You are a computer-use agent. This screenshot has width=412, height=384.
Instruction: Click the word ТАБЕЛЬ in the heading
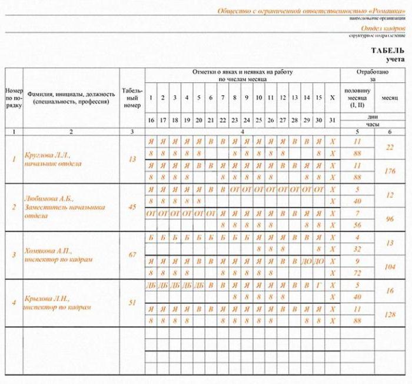[387, 51]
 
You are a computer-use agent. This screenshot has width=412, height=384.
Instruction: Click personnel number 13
[131, 159]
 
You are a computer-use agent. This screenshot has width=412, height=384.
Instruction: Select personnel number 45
[131, 206]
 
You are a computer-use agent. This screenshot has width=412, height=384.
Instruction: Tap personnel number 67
[131, 255]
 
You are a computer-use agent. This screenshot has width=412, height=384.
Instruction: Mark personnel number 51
[131, 303]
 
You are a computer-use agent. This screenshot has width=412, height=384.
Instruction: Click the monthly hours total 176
[390, 171]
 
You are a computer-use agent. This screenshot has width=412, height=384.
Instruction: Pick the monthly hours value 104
[390, 266]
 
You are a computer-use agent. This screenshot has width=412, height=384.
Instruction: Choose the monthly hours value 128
[390, 315]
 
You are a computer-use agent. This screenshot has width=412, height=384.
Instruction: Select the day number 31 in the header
[333, 119]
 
